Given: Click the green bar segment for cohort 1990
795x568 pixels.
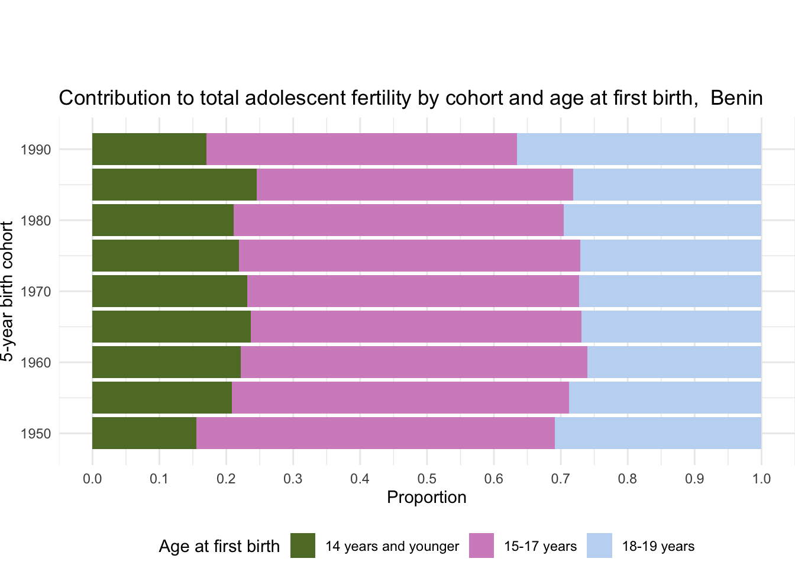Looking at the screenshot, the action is tap(150, 149).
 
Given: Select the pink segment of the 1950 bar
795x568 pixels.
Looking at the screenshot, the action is tap(376, 433).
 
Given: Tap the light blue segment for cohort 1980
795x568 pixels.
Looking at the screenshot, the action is tap(662, 220).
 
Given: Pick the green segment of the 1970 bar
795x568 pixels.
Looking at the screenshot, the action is tap(170, 291).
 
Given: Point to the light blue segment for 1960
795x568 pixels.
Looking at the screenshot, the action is tap(674, 362).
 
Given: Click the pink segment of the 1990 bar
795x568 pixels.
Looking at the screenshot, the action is tap(361, 149).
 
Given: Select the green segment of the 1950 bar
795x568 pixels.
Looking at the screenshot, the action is tap(144, 433).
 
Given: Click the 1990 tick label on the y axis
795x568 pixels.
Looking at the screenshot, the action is tap(35, 150).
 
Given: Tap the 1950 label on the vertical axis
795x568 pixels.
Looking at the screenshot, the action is tap(35, 434).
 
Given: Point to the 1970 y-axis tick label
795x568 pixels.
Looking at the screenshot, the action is tap(35, 292).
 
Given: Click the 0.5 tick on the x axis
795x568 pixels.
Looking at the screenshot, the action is tap(426, 479).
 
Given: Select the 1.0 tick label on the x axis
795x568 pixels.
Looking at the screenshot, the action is tap(761, 479).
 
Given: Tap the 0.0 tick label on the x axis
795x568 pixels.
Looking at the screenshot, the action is tap(92, 479).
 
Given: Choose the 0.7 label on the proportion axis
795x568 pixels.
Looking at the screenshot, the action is tap(560, 479).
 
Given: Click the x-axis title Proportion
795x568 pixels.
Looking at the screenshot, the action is tap(426, 498).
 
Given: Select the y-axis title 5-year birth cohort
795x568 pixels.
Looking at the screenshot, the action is tap(7, 291).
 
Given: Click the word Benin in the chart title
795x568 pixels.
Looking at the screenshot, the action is tap(736, 98).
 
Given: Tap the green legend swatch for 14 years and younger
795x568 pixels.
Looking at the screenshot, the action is tap(303, 546).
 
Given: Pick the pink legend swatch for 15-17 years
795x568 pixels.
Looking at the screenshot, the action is tap(481, 546).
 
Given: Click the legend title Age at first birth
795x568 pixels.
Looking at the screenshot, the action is tap(219, 546).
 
